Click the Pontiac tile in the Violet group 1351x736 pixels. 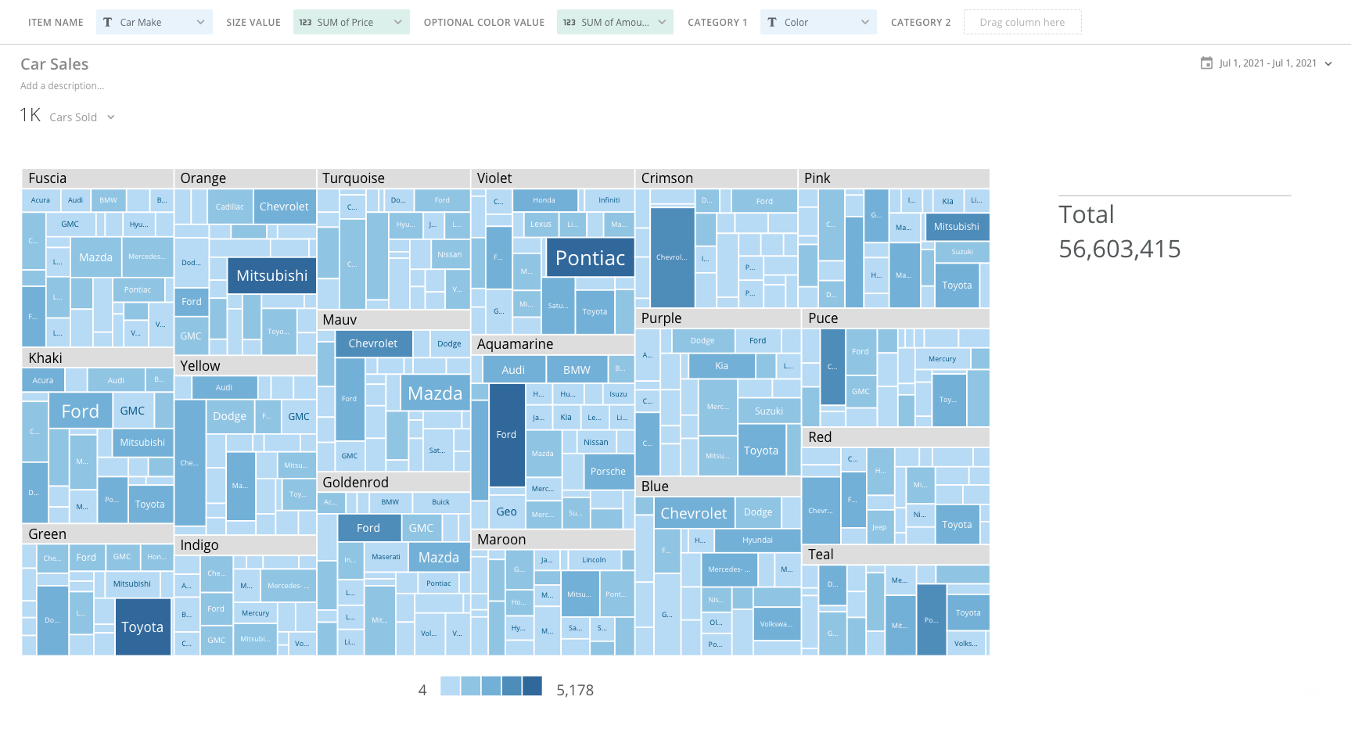590,258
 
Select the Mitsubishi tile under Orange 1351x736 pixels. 271,275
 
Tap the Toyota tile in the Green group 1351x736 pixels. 142,626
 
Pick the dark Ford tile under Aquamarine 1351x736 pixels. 506,435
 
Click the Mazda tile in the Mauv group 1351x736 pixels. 435,393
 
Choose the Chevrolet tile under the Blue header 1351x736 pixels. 693,513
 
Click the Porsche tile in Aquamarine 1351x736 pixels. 608,472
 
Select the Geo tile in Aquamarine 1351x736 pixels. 506,512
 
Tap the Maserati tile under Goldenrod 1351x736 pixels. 386,557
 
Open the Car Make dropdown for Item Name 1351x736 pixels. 154,22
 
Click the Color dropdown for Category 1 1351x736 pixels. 817,22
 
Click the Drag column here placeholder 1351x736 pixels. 1022,22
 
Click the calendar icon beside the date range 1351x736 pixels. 1206,63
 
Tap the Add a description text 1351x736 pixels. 62,86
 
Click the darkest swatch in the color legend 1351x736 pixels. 532,686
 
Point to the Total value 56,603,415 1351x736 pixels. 1119,249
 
